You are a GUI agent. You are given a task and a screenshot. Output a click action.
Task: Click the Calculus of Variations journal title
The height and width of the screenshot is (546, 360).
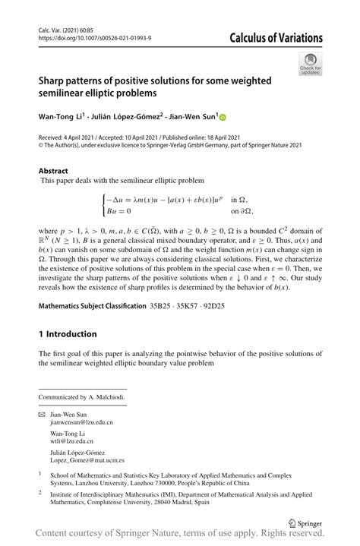(276, 38)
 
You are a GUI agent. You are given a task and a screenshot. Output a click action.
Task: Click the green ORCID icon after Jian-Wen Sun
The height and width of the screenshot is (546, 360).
(223, 117)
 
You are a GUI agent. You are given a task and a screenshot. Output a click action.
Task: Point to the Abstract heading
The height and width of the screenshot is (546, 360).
(53, 172)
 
